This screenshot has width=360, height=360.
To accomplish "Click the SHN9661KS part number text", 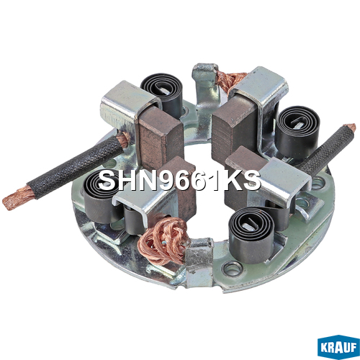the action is [179, 181].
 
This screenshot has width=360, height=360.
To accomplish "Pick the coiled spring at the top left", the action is [162, 94].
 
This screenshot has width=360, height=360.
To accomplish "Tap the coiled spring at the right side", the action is [297, 131].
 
